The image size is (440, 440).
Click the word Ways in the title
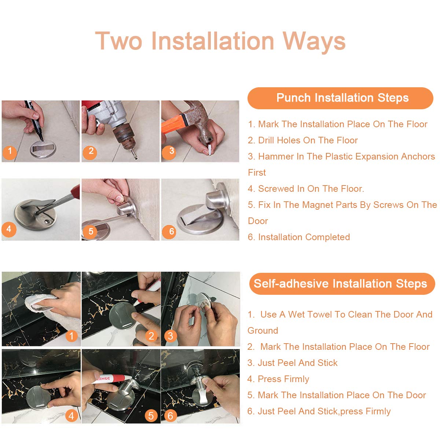pos(314,41)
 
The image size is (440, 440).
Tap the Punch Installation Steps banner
pos(340,98)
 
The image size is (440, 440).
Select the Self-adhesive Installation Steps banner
pos(342,283)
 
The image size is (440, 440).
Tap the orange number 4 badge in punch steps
pos(9,229)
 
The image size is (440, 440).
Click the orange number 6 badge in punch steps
pos(169,231)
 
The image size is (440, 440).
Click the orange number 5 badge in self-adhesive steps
pos(151,416)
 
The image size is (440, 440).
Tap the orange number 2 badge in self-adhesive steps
pos(151,336)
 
